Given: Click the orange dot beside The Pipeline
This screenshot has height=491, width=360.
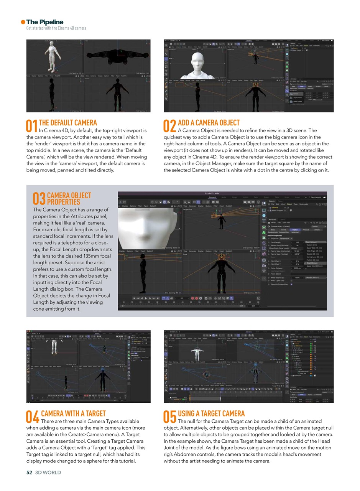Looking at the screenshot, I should point(23,22).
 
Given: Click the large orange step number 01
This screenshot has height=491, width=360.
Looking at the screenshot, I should point(31,126).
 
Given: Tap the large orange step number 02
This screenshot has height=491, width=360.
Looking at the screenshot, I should point(170,126).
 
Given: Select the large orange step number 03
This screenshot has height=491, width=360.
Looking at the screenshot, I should point(39,199).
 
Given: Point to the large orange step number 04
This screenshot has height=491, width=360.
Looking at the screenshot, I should point(33,417).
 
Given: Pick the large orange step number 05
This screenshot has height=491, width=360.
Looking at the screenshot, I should point(170,417).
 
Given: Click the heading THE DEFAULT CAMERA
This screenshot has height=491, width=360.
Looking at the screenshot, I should point(68,123).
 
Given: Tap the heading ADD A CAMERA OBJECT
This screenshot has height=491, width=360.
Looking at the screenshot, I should point(209,123).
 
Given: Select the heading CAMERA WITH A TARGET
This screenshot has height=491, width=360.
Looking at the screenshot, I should point(73,414).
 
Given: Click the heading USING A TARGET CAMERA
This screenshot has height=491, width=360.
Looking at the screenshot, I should point(211,414).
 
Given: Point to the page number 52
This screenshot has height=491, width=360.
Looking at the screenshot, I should point(29,473).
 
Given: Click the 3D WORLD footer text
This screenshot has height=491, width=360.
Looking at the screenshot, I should point(48,473).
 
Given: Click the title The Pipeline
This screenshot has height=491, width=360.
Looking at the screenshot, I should point(45,22).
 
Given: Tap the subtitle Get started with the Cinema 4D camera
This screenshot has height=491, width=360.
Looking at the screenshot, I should point(56,28).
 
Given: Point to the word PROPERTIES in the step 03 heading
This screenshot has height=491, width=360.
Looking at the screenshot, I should point(63,202).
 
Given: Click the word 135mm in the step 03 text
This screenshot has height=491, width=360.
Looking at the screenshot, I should point(82,256).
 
